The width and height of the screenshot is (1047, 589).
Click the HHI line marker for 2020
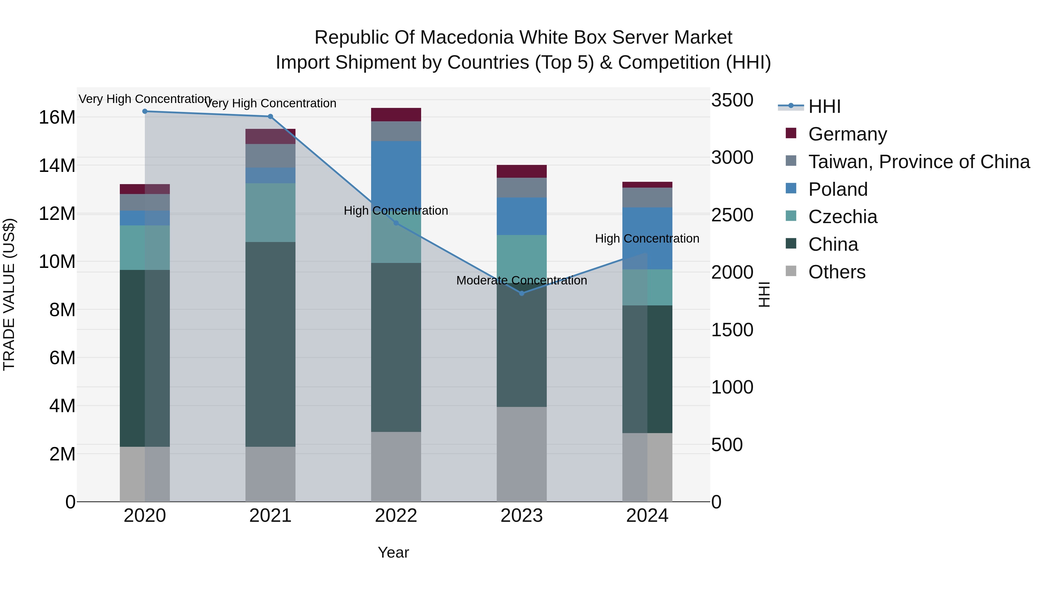tap(145, 111)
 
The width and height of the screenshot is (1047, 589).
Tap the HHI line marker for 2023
tap(522, 293)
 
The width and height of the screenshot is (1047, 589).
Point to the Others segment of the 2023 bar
tap(522, 454)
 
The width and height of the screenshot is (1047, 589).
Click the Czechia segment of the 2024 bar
tap(647, 287)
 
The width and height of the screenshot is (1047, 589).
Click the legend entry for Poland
tap(838, 189)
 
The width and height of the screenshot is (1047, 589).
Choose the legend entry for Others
tap(836, 272)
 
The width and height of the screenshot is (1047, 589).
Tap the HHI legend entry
tap(824, 106)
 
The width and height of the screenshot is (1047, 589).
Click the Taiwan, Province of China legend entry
tap(918, 162)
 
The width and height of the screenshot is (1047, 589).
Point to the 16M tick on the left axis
tap(57, 118)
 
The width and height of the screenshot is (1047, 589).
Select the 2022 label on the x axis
tap(396, 516)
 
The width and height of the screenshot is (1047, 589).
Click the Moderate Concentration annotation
tap(521, 280)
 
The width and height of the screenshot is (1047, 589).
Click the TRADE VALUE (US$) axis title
tap(9, 294)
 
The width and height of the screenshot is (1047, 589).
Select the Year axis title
tap(393, 552)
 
